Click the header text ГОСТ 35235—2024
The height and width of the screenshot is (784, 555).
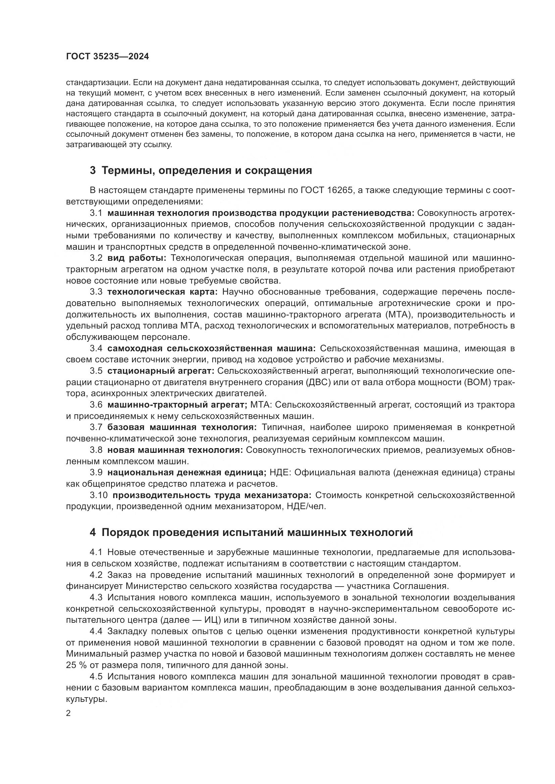pyautogui.click(x=107, y=57)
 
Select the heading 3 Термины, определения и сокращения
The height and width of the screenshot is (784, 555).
pyautogui.click(x=201, y=170)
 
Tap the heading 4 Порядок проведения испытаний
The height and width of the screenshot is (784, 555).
pyautogui.click(x=251, y=532)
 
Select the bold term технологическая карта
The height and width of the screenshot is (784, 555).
pyautogui.click(x=162, y=292)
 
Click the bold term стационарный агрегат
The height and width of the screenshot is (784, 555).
pyautogui.click(x=161, y=371)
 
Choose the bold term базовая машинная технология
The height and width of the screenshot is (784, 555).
pyautogui.click(x=182, y=427)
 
